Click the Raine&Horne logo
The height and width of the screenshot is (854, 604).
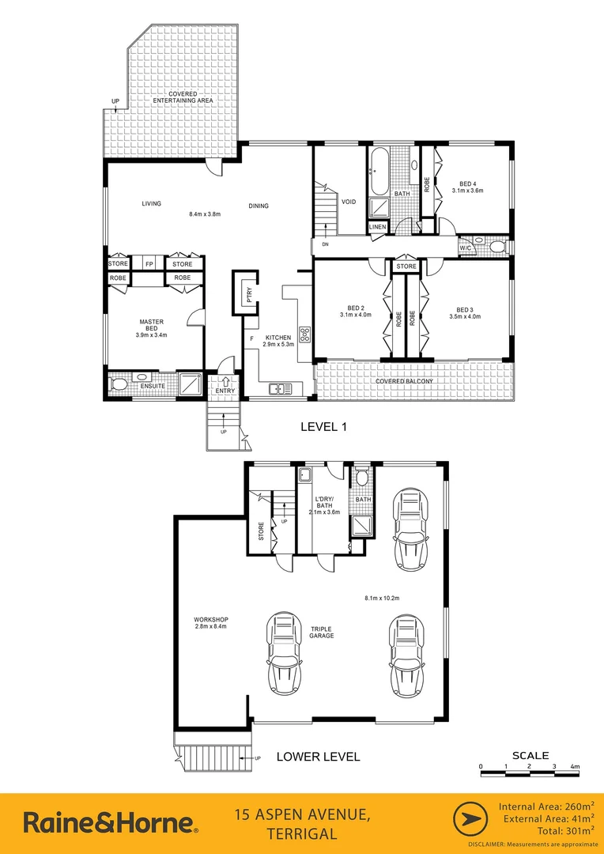coord(111,822)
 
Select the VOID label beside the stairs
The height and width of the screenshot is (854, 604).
coord(349,202)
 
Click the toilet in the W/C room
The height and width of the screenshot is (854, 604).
coord(496,248)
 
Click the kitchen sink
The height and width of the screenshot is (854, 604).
coord(279,388)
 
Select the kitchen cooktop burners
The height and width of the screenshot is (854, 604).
coord(304,331)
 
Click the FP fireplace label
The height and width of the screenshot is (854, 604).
coord(148,264)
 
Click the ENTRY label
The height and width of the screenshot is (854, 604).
coord(225,391)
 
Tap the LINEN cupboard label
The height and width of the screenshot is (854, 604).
coord(378,228)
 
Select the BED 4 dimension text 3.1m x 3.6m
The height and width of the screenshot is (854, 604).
coord(467,191)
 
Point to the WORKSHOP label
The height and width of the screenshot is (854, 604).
coord(210,619)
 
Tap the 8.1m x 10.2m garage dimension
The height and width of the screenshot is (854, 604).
coord(383,598)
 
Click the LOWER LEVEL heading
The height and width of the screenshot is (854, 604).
coord(318,757)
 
